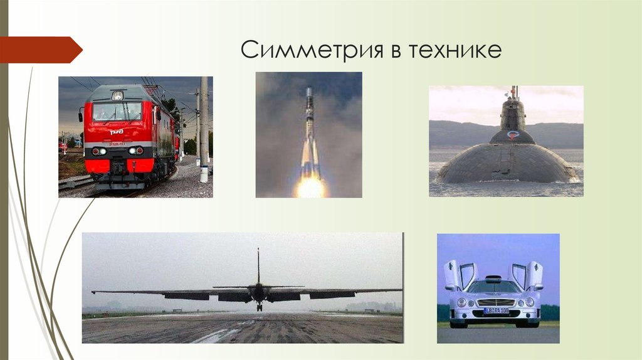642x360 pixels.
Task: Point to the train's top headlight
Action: pos(117,95)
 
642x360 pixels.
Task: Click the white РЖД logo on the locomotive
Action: pos(117,132)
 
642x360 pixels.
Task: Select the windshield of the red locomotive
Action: pos(117,112)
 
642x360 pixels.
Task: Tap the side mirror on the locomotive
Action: pos(82,114)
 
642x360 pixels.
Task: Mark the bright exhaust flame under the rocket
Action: pos(310,186)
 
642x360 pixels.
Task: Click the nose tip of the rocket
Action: pos(308,90)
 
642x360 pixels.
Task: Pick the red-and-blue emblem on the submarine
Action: pos(512,134)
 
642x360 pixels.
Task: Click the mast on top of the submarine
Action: pos(514,92)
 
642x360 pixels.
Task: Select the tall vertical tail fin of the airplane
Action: pos(258,267)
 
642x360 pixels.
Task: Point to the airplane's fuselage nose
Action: pos(258,293)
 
